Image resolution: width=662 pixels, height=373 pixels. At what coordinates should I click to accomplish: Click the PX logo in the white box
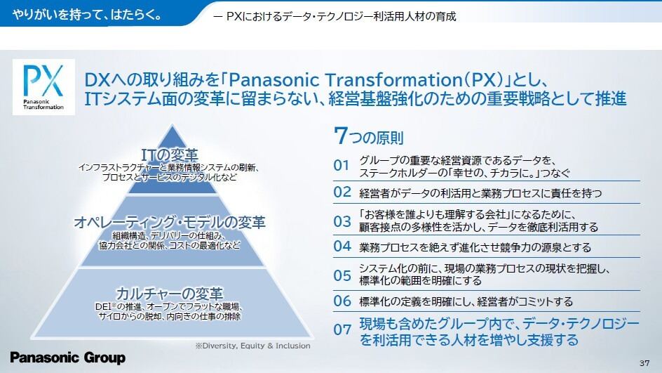coord(43,87)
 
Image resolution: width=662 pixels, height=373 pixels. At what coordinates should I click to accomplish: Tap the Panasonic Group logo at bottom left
coord(67,358)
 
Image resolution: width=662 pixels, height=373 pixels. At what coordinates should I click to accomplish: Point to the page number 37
coord(644,363)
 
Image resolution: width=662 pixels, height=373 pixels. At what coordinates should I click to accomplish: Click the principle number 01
coord(342,165)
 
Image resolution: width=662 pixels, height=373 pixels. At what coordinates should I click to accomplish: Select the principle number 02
coord(342,192)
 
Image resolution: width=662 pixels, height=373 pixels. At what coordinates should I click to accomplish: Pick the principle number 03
coord(342,221)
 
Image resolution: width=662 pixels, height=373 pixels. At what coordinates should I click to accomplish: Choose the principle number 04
coord(342,246)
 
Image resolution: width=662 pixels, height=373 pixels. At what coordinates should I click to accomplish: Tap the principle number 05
coord(342,275)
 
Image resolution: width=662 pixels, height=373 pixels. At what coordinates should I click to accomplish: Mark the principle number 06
coord(342,301)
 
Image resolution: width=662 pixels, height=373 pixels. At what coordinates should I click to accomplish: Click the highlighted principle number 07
coord(342,329)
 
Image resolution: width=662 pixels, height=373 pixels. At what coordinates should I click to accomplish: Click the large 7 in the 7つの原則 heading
coord(340,136)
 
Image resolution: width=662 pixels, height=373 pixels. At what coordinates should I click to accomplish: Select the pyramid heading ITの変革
coord(169,155)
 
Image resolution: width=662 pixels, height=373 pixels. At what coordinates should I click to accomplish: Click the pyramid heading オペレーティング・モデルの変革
coord(170,222)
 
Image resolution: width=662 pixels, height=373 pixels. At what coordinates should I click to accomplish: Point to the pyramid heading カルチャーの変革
coord(169,294)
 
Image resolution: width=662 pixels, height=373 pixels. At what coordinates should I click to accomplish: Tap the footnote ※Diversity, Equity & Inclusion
coord(253,346)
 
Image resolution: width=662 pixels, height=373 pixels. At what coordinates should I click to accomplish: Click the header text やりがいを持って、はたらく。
coord(87,15)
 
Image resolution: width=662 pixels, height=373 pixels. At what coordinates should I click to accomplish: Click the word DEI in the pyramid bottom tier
coord(102,306)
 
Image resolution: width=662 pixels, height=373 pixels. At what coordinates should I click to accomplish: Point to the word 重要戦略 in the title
coord(519,98)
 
